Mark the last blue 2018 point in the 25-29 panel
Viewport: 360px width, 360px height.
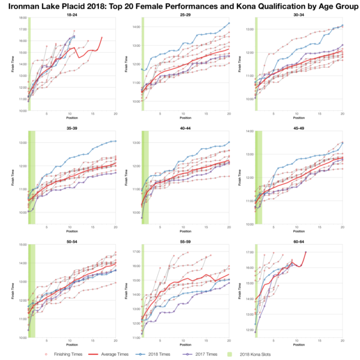229,23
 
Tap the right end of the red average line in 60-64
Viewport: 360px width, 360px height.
305,252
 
